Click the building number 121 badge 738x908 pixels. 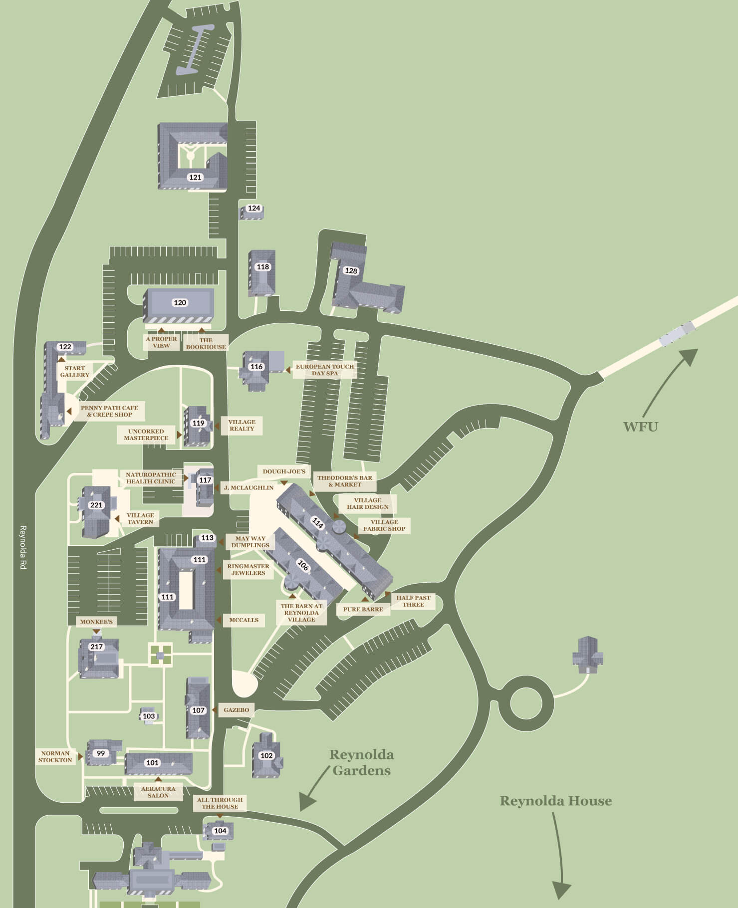[x=195, y=177]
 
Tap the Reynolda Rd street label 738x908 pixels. [x=22, y=547]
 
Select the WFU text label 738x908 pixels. [x=640, y=427]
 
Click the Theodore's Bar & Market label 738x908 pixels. [x=345, y=481]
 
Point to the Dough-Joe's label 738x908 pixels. [x=284, y=471]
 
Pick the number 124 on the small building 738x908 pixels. [x=254, y=208]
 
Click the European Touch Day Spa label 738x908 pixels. [x=325, y=370]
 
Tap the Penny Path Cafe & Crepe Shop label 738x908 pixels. [x=109, y=411]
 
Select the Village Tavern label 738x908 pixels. [x=140, y=518]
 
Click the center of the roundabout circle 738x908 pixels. [x=526, y=703]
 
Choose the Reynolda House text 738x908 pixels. [x=555, y=801]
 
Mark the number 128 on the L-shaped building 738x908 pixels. [x=351, y=270]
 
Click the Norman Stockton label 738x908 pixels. [x=55, y=756]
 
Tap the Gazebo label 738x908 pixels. [x=236, y=709]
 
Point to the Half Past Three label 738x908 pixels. [x=413, y=601]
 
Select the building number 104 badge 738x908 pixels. [x=220, y=831]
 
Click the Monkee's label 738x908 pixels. [x=96, y=622]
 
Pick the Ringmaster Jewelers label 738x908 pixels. [x=248, y=569]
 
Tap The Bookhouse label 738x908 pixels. [x=206, y=343]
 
